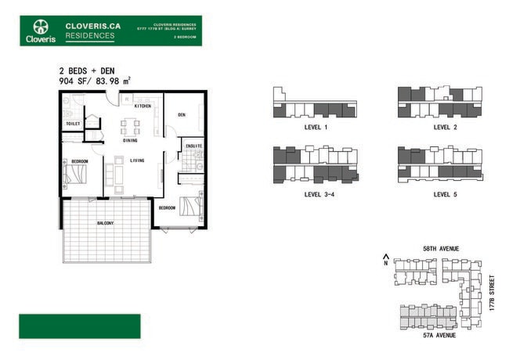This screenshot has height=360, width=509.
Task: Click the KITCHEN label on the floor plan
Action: click(143, 106)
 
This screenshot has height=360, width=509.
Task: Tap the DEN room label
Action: click(181, 115)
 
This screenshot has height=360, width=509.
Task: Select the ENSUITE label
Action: click(193, 146)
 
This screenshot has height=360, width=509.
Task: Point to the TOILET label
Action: click(73, 123)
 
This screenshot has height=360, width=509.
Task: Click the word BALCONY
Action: click(105, 224)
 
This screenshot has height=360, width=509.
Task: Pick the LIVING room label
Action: click(137, 160)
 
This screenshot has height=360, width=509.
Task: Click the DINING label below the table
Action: click(130, 140)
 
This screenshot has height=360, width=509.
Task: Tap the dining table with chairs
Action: click(130, 125)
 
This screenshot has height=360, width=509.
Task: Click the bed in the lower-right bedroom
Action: click(190, 207)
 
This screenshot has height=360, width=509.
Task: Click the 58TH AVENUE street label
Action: click(440, 249)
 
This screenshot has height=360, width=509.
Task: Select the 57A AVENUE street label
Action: click(439, 335)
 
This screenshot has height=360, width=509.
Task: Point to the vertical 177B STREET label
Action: click(492, 293)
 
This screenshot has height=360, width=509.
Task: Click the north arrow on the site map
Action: click(385, 258)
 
